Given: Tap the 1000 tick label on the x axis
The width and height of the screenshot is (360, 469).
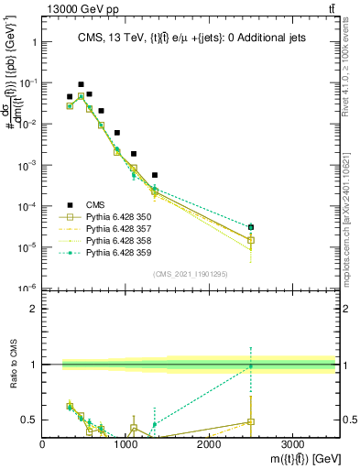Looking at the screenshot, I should [x=125, y=442].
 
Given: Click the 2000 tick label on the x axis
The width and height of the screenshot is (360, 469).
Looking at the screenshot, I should [x=209, y=442].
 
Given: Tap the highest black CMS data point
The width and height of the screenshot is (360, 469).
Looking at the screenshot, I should [x=81, y=84].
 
